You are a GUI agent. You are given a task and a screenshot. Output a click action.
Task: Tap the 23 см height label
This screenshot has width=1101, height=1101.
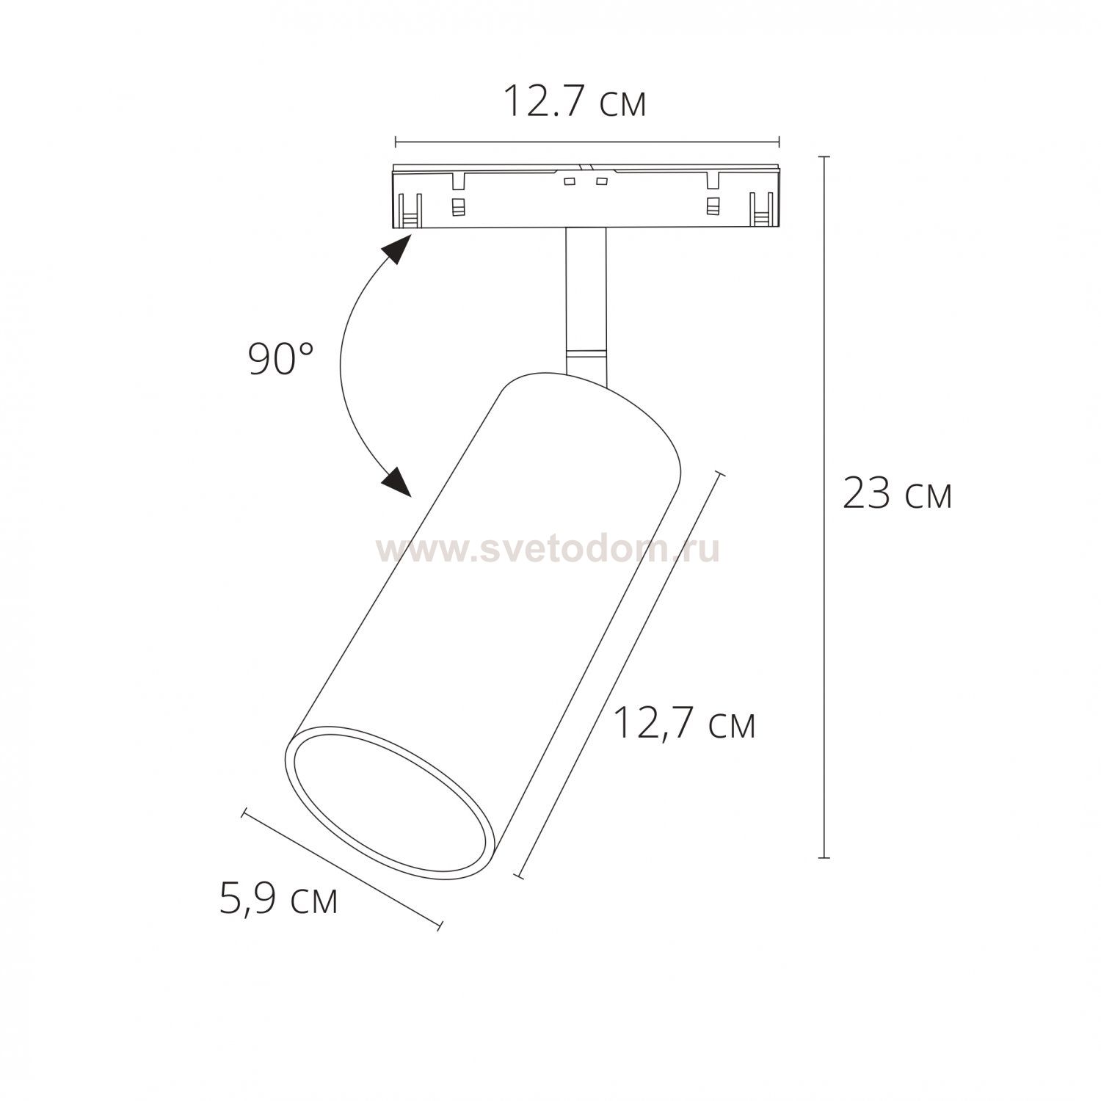tap(897, 493)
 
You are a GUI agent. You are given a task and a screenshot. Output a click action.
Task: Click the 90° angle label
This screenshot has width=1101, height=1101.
tap(281, 360)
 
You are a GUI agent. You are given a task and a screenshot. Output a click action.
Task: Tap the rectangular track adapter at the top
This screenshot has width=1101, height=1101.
tap(586, 197)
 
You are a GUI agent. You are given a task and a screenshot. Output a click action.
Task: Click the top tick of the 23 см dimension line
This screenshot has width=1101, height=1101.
tap(824, 157)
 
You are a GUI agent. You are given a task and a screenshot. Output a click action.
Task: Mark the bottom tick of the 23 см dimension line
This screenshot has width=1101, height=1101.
tap(824, 857)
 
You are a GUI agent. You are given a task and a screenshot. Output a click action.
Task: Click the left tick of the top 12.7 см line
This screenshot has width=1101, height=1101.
tap(396, 141)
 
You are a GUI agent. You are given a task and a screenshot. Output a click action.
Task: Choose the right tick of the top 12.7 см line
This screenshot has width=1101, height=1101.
tap(778, 141)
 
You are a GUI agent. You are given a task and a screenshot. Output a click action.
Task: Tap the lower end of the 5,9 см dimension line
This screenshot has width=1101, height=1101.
tap(440, 926)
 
